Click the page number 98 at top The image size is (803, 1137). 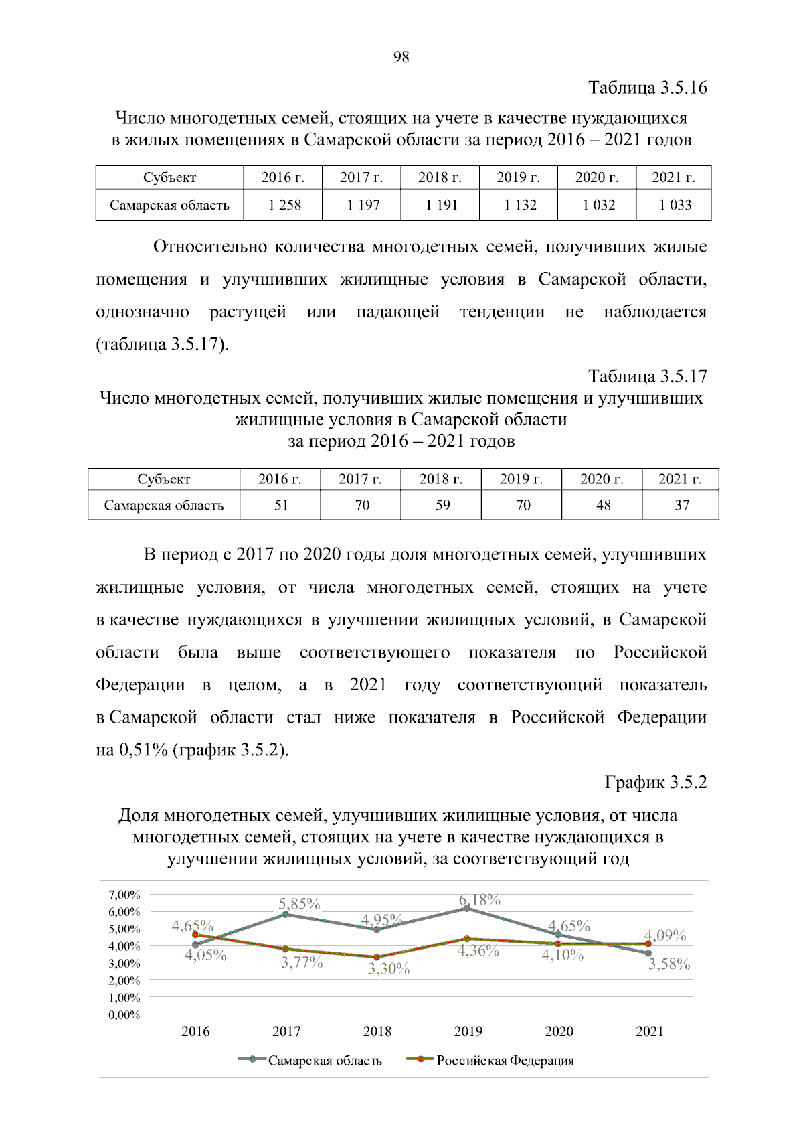(401, 57)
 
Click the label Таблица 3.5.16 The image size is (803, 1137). (647, 88)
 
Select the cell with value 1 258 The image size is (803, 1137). (284, 205)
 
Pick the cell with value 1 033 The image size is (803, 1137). (675, 205)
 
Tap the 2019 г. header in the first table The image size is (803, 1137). (518, 177)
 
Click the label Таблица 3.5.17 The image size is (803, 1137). (647, 376)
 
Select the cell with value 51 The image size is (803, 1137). (281, 505)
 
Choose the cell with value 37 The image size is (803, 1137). (681, 505)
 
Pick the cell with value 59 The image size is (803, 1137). (442, 505)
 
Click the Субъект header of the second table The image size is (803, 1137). (163, 479)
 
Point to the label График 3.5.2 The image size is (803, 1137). (655, 782)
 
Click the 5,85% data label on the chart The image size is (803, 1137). (299, 903)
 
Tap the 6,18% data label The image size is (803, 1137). (479, 899)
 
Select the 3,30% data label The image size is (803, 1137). (388, 968)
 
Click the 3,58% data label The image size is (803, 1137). (668, 964)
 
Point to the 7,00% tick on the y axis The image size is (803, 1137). (124, 895)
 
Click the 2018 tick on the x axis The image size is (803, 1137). (377, 1031)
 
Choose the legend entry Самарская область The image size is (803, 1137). (325, 1061)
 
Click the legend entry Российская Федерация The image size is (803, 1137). (505, 1061)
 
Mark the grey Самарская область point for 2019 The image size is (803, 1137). (467, 908)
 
